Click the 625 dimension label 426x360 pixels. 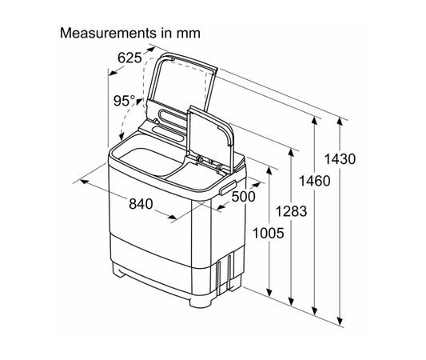(129, 58)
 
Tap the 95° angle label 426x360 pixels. (124, 101)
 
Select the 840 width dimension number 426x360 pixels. (141, 204)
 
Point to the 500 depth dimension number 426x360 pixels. (244, 197)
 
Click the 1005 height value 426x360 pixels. (269, 233)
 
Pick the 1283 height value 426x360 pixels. (291, 211)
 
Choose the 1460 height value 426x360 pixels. (315, 181)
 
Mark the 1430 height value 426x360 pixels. (340, 159)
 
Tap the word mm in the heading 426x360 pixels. (189, 34)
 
